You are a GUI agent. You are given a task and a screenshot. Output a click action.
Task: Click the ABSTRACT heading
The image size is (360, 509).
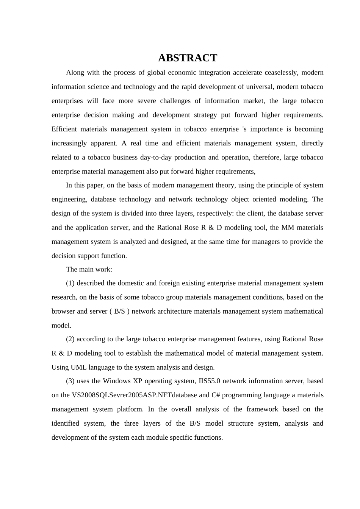[187, 58]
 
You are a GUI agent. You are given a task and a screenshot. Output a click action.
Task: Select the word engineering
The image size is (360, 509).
[69, 199]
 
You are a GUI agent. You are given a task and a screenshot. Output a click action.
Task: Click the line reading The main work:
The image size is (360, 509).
[89, 269]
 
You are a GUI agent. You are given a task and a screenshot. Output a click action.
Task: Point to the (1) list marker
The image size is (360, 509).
[70, 283]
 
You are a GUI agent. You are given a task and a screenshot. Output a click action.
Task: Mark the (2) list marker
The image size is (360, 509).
[70, 339]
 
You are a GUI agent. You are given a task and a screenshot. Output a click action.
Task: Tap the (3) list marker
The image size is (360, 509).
[70, 381]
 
